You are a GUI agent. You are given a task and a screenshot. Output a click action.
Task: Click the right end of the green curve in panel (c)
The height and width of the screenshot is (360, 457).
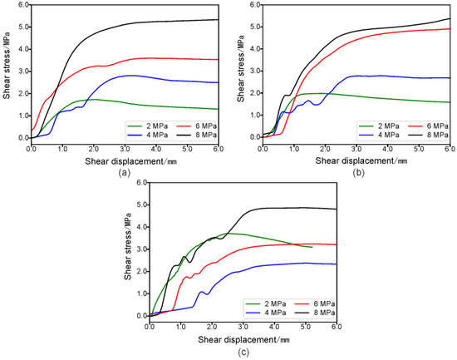point(312,247)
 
